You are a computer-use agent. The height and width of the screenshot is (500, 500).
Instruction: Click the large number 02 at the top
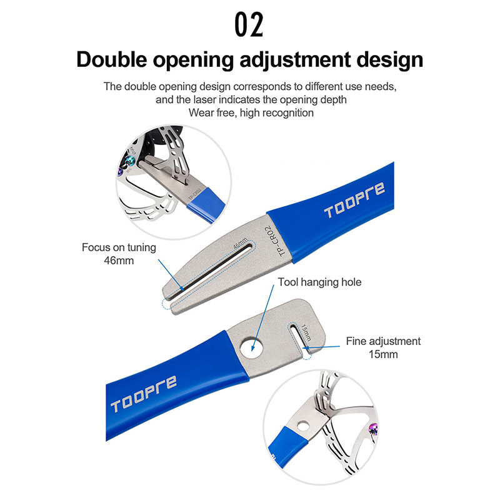[249, 24]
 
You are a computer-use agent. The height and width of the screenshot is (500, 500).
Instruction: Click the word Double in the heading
[112, 59]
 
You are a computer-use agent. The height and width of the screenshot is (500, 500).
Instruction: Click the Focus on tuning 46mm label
[119, 254]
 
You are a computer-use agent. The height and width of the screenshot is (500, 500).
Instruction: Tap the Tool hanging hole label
[319, 282]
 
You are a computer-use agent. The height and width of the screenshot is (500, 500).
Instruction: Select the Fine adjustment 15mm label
[383, 347]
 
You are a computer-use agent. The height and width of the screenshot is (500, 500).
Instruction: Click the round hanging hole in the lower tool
[252, 347]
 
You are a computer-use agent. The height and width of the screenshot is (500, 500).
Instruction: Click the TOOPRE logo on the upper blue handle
[354, 201]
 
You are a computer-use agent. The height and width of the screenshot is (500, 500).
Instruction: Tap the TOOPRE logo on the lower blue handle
[144, 394]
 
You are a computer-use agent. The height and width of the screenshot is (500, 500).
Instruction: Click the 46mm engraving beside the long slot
[241, 243]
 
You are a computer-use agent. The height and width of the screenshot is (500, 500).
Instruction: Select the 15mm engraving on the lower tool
[306, 332]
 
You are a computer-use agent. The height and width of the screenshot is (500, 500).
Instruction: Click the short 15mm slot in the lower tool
[299, 338]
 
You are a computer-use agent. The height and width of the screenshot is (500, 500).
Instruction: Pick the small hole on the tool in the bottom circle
[303, 425]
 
